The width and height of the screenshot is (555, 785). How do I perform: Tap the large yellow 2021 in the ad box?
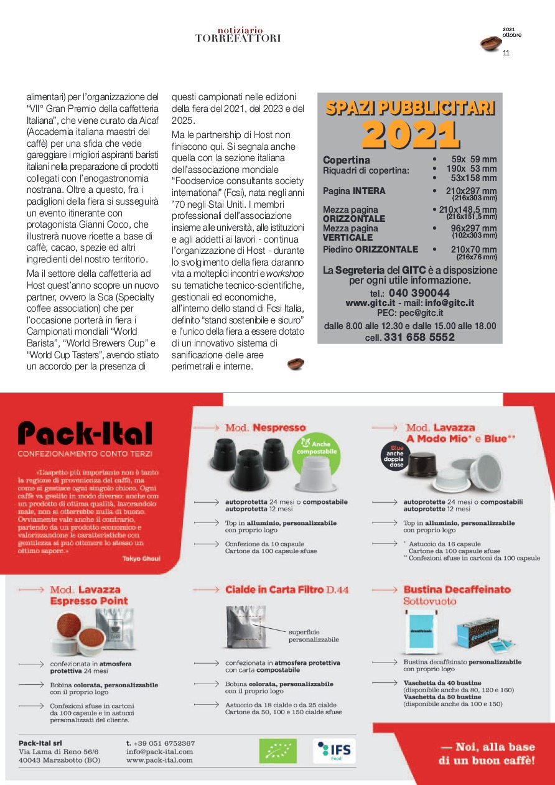coord(410,133)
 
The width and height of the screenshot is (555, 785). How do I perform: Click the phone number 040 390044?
coord(418,292)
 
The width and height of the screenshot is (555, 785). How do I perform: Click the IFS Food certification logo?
coord(334,751)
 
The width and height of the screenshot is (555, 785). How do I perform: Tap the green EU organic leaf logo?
coord(277,751)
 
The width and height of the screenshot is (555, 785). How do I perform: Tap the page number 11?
coord(506,53)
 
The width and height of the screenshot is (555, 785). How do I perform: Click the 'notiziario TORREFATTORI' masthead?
coord(238,34)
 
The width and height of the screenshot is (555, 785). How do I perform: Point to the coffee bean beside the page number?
coord(490,43)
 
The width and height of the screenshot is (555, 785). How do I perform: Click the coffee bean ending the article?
coord(296,364)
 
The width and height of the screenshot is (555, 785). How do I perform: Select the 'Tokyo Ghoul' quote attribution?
coord(141,559)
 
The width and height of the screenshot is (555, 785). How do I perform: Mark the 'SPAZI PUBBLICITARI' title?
coord(410,108)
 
